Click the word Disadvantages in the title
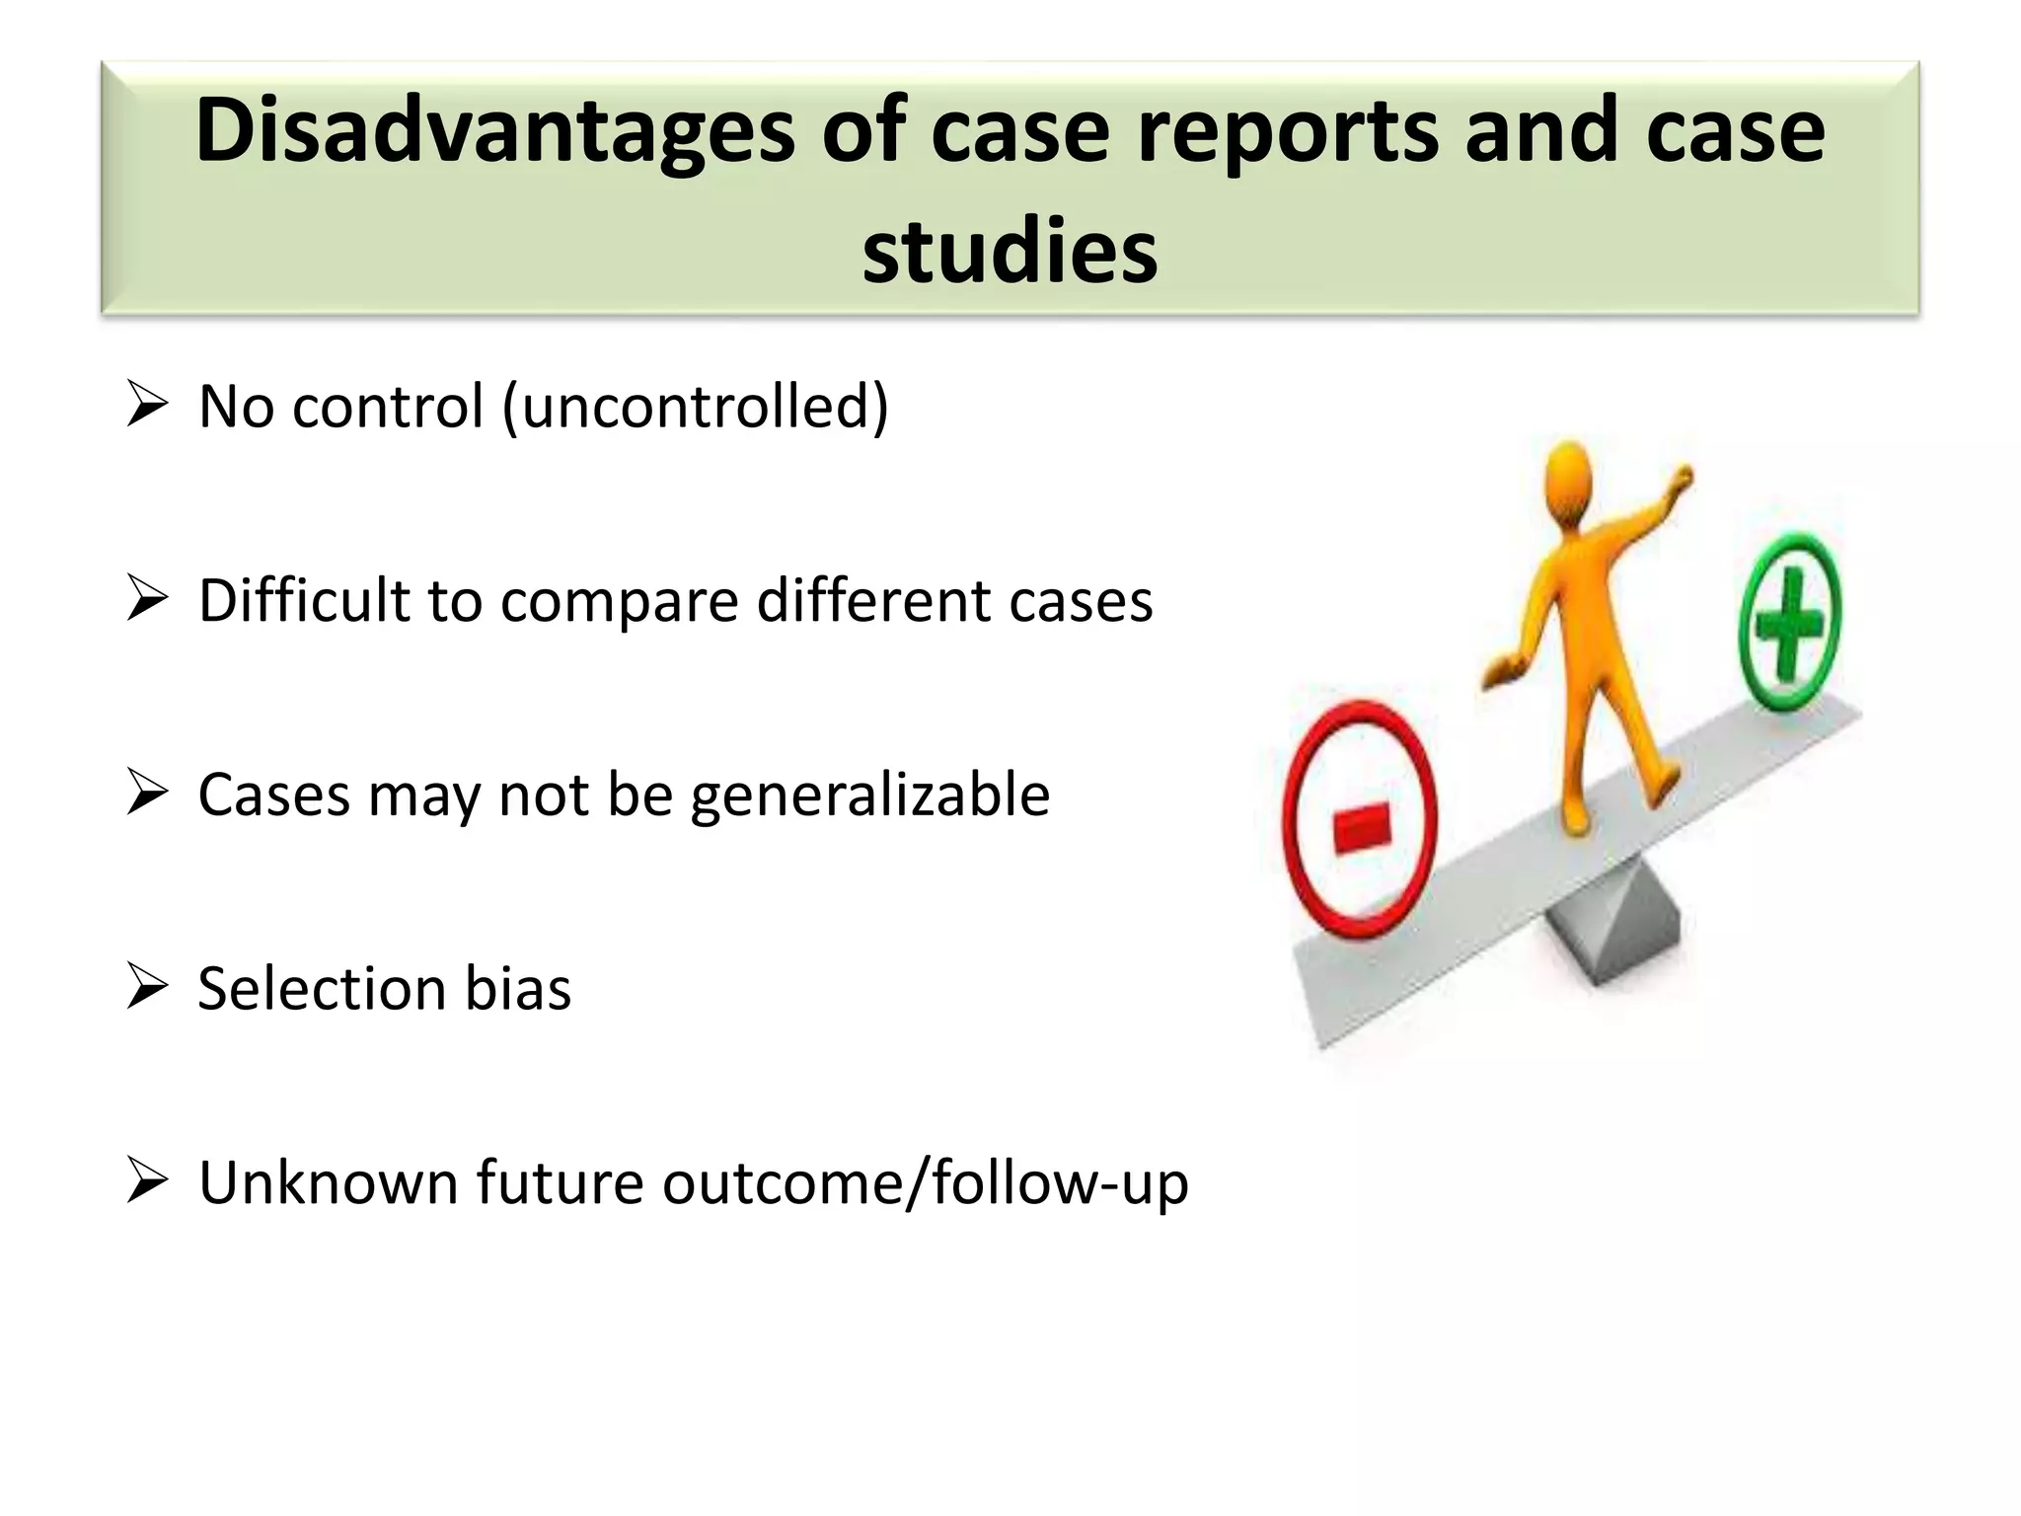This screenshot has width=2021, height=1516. coord(493,133)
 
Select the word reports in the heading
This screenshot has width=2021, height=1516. coord(1289,133)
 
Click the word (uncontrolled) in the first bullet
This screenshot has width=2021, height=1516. coord(696,407)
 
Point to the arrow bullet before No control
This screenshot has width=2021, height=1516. coord(147,406)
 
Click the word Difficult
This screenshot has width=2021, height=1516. coord(303,600)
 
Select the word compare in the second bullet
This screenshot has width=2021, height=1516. coord(619,602)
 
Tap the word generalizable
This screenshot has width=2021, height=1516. coord(869,796)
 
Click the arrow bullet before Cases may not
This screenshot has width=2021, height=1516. coord(147,794)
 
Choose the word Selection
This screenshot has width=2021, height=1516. coord(322,989)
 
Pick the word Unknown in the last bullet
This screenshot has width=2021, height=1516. coord(328,1182)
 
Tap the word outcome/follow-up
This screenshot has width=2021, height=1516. coord(925,1182)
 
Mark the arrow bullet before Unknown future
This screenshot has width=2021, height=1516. coord(147,1181)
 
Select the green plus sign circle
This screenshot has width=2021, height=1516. coord(1789,621)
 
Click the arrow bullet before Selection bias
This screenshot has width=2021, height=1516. coord(147,987)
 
